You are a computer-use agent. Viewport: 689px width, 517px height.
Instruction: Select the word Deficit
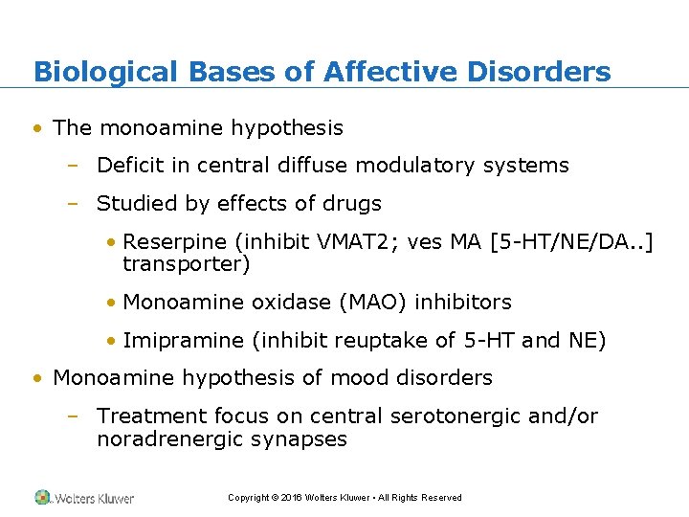point(130,166)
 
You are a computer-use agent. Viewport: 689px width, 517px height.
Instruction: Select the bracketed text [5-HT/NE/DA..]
point(572,244)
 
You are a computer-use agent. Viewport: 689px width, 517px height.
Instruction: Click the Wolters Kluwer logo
point(84,498)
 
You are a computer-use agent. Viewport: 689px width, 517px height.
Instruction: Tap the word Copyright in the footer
point(247,498)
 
